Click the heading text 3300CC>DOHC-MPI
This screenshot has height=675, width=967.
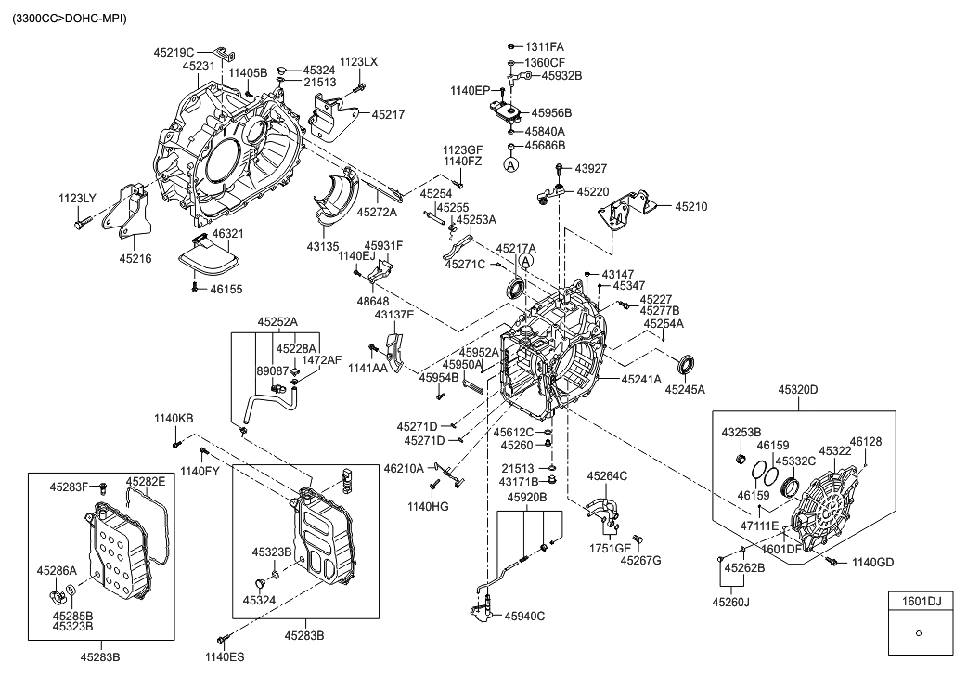coord(70,19)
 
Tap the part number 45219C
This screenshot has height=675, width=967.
coord(174,53)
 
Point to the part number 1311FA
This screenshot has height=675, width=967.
coord(545,46)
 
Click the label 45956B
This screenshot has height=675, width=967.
coord(551,113)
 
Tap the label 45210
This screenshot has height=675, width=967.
coord(690,207)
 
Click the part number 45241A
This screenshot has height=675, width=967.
coord(641,379)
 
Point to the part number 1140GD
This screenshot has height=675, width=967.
coord(872,563)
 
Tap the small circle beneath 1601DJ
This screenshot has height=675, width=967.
coord(918,633)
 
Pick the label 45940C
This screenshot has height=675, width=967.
coord(524,617)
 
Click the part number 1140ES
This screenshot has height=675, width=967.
coord(225,658)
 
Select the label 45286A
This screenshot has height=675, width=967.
coord(57,569)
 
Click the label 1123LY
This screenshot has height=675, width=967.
coord(77,200)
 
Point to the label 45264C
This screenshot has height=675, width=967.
coord(607,476)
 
